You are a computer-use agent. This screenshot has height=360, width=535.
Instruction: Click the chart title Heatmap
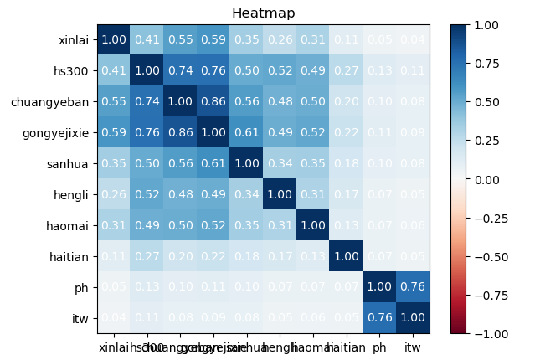(263, 13)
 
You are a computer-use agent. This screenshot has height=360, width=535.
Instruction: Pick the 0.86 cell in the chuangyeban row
(213, 102)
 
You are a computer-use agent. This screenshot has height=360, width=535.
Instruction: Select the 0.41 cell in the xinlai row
(147, 40)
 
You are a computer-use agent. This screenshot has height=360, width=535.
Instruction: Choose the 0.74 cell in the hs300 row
(181, 71)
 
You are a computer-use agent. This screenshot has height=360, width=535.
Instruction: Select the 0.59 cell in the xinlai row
(213, 40)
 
